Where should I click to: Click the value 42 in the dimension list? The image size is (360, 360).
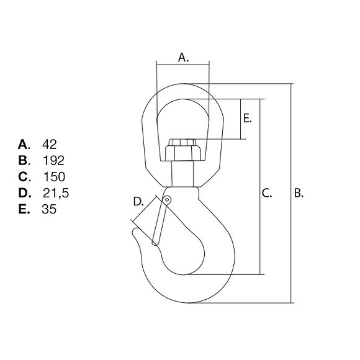(50, 145)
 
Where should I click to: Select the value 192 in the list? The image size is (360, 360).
(54, 161)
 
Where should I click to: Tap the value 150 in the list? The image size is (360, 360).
(54, 177)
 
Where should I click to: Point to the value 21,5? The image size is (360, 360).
(56, 193)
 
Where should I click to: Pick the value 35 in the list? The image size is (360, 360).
(49, 209)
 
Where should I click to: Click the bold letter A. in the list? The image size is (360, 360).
(24, 145)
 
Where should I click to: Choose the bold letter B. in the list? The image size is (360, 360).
(24, 161)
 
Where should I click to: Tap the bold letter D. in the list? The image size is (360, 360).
(25, 193)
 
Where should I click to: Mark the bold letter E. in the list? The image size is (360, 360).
(24, 209)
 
